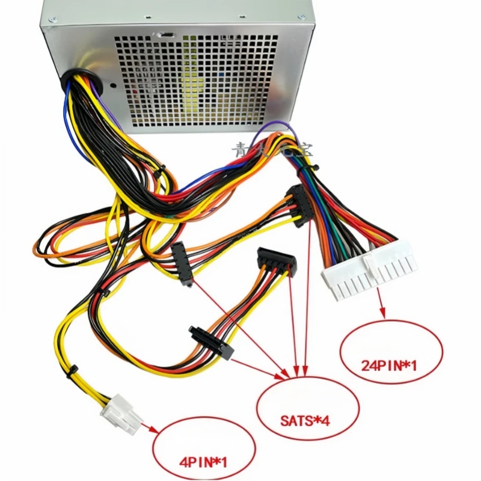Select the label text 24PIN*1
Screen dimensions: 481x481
click(x=389, y=364)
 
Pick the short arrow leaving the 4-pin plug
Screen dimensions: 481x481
click(x=150, y=429)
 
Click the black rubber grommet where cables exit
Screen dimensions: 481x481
click(x=85, y=81)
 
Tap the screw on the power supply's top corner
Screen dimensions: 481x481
click(x=54, y=20)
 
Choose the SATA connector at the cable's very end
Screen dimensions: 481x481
click(x=277, y=261)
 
